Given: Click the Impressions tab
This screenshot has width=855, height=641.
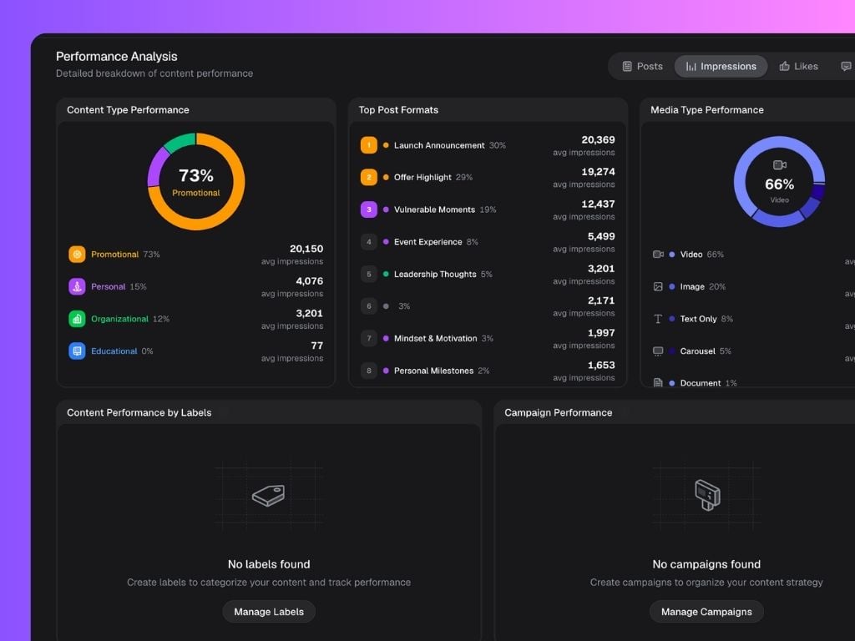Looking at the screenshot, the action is (x=721, y=67).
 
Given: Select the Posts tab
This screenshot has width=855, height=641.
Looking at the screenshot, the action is (x=642, y=67).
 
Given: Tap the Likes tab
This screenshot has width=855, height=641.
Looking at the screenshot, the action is (x=798, y=67).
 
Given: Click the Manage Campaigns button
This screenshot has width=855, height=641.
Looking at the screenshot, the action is (x=706, y=612).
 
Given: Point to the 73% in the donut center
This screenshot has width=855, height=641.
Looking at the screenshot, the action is (x=196, y=175).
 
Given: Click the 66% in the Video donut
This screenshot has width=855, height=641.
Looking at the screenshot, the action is (x=779, y=184).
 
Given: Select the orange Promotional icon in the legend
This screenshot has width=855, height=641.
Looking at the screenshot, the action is (x=77, y=254).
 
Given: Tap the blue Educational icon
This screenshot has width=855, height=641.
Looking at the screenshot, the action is (x=77, y=351).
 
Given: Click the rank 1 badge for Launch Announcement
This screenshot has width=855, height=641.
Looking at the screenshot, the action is (x=368, y=145).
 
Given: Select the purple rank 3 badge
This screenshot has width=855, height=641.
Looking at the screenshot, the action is (x=368, y=209).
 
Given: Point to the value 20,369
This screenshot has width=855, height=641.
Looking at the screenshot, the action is (x=598, y=140).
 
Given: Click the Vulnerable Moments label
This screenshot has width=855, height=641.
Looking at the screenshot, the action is (x=434, y=209).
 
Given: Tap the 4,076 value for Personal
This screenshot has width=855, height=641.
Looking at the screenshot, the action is (x=309, y=281).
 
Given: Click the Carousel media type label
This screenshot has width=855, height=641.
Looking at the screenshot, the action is (x=697, y=351).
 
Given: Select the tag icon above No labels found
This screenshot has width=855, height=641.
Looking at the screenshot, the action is (x=268, y=496).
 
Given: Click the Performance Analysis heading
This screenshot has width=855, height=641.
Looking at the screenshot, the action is (x=117, y=57).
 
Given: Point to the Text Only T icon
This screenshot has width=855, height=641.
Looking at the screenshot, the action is (x=658, y=319).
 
